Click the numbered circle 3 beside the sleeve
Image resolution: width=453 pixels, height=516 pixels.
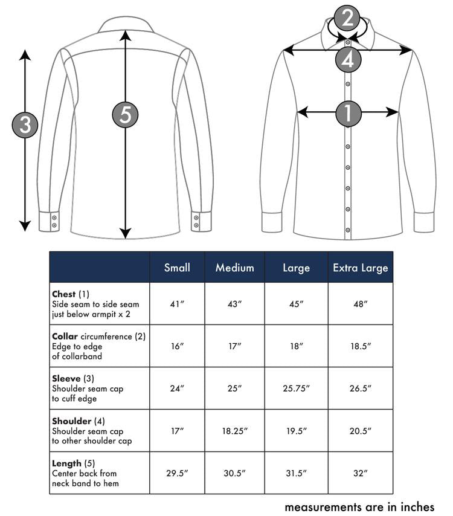[25, 126]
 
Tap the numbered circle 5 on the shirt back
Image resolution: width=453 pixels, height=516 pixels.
[125, 115]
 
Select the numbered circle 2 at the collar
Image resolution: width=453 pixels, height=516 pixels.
[347, 19]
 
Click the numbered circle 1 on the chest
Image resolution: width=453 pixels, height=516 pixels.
[349, 112]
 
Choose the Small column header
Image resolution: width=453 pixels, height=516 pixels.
[177, 268]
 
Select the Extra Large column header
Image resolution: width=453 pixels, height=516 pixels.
[361, 268]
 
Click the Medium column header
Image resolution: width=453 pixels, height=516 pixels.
[235, 268]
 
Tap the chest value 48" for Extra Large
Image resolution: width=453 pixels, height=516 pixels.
[361, 304]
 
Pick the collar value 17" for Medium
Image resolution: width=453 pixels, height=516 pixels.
[235, 346]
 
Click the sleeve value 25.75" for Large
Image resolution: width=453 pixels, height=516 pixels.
[296, 389]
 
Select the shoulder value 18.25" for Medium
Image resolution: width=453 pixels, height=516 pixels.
[235, 431]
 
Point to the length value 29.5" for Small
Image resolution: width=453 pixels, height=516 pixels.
[177, 473]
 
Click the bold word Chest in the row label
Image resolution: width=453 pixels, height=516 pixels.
[64, 294]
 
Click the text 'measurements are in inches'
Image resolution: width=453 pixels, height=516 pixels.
[359, 506]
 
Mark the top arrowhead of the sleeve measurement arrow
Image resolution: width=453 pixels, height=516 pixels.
[25, 55]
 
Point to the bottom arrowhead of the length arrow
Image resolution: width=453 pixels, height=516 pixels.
[125, 233]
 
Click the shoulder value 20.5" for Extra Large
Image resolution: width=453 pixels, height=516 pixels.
[361, 431]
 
